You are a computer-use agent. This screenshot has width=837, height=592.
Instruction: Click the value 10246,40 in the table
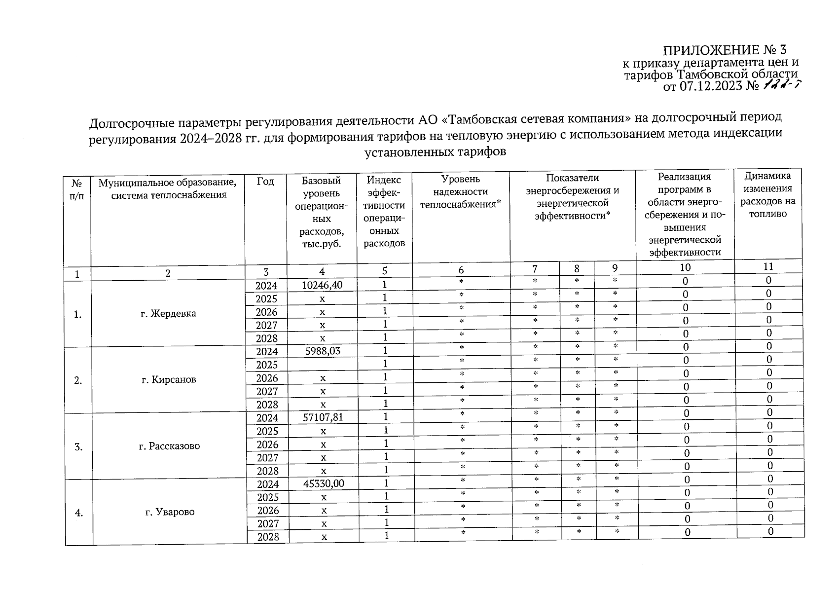pos(323,285)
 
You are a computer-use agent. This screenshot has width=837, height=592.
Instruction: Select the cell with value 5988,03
pos(323,351)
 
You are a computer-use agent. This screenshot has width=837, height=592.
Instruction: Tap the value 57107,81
pos(323,417)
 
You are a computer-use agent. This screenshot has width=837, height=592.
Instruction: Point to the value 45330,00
pos(324,483)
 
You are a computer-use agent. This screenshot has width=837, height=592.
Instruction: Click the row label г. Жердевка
pos(168,314)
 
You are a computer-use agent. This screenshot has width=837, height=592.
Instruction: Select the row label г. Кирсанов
pos(169,380)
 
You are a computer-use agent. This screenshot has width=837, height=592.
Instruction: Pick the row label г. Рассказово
pos(169,446)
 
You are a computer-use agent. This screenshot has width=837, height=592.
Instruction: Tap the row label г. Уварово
pos(170,512)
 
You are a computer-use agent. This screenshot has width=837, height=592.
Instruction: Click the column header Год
pos(265,182)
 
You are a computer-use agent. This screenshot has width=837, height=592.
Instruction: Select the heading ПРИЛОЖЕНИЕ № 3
pos(725,50)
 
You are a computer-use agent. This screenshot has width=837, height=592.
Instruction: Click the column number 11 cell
pos(768,266)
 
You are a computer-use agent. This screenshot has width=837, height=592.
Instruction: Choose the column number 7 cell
pos(535,268)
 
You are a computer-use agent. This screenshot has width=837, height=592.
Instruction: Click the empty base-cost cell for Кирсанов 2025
pos(323,365)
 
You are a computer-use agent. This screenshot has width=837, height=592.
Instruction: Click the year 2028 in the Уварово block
pos(268,537)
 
